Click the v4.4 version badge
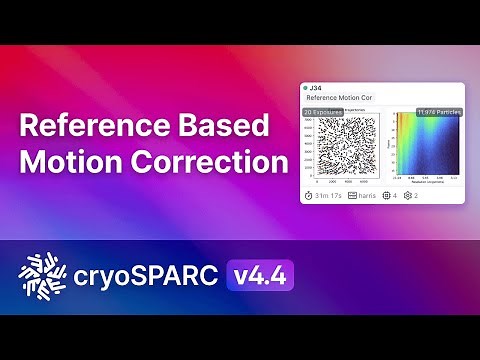click(257, 274)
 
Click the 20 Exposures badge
click(324, 112)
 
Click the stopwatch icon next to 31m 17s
click(309, 196)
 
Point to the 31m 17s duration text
click(328, 196)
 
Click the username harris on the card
click(370, 196)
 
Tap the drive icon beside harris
click(353, 196)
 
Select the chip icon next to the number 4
click(388, 196)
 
